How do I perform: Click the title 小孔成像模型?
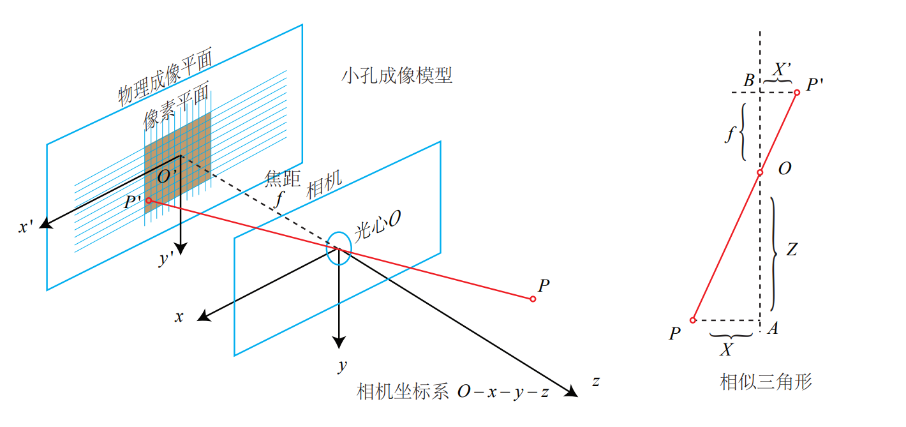(397, 77)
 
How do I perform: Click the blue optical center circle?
(338, 248)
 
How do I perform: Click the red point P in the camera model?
(533, 299)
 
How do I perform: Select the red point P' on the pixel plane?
(149, 200)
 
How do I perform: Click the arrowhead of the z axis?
(571, 392)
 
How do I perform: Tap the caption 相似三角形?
(766, 382)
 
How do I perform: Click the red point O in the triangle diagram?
(760, 172)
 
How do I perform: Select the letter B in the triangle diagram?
(748, 80)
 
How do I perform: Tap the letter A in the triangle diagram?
(773, 329)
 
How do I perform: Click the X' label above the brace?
(782, 69)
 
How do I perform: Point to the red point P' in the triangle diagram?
(797, 93)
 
